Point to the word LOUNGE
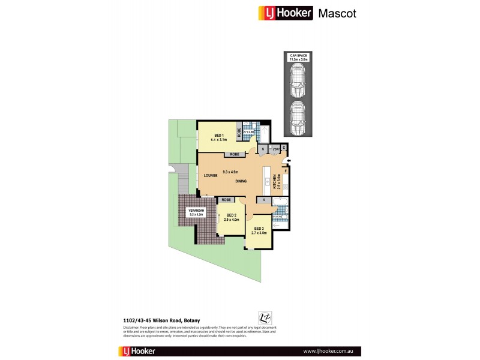(x=209, y=176)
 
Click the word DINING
(x=241, y=181)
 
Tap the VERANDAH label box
(x=197, y=212)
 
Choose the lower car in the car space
(x=298, y=118)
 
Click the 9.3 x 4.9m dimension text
(x=231, y=172)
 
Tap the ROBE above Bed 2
(x=226, y=200)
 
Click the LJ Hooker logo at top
(x=286, y=13)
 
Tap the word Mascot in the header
(x=337, y=13)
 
